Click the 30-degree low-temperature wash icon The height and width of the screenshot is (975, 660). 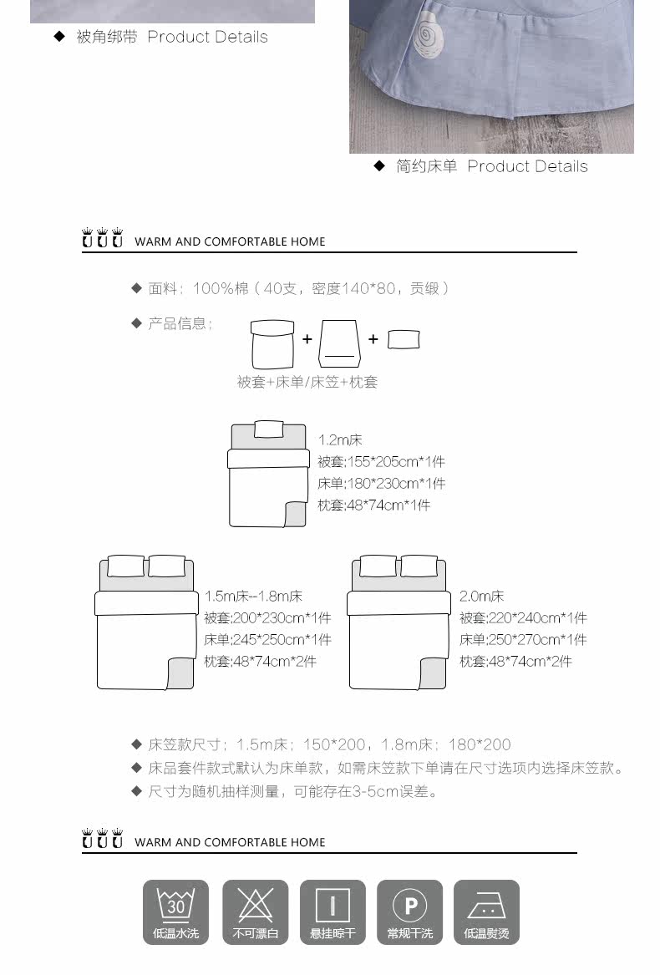[x=175, y=912]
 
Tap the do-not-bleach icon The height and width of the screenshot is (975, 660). [x=255, y=912]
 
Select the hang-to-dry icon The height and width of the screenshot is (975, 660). [x=333, y=912]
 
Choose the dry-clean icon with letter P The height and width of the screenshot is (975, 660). [x=409, y=912]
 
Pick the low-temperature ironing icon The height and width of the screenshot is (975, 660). [x=486, y=912]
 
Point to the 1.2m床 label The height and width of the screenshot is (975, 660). [x=340, y=439]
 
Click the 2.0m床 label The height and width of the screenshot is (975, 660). [x=482, y=597]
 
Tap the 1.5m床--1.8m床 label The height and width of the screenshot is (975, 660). [x=253, y=597]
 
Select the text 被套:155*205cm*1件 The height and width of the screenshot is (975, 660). [x=381, y=461]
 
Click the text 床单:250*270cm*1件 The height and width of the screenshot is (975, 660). [x=523, y=640]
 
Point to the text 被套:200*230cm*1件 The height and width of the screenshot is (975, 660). [x=267, y=618]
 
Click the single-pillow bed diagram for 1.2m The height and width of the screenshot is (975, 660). [x=268, y=474]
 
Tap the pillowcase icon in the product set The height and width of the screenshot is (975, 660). [x=404, y=339]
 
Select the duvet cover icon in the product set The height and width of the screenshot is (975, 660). [x=272, y=343]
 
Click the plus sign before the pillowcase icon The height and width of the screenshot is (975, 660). [x=373, y=339]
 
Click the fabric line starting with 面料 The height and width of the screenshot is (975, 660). [x=299, y=288]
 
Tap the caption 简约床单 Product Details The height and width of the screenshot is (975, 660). [x=491, y=166]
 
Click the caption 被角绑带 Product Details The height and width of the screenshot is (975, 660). [x=172, y=37]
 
